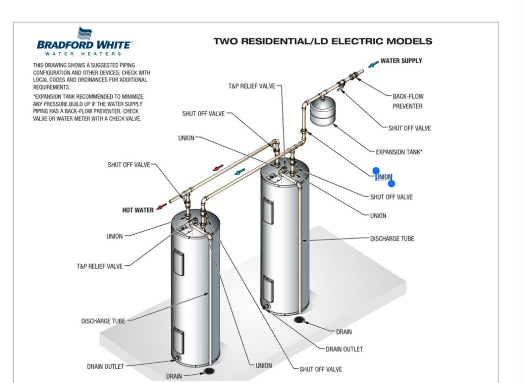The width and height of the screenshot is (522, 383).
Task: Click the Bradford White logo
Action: [x=84, y=41]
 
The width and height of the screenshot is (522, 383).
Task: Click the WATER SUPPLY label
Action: [x=401, y=61]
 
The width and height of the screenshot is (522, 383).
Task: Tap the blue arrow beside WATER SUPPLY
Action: [x=374, y=63]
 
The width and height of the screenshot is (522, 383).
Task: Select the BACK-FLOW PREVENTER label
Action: [x=408, y=101]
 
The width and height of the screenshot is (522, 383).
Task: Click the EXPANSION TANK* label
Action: [x=399, y=152]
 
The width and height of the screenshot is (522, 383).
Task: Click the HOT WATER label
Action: [x=138, y=210]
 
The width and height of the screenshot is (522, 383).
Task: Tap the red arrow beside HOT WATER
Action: [x=162, y=206]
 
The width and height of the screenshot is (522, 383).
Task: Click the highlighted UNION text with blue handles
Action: [x=383, y=177]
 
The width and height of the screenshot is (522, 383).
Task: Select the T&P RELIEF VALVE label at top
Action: [x=251, y=86]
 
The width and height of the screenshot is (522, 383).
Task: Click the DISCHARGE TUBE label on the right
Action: [x=391, y=238]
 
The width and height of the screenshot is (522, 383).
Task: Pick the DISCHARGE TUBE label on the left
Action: [x=103, y=321]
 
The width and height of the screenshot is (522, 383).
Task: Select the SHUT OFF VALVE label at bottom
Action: [x=321, y=369]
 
